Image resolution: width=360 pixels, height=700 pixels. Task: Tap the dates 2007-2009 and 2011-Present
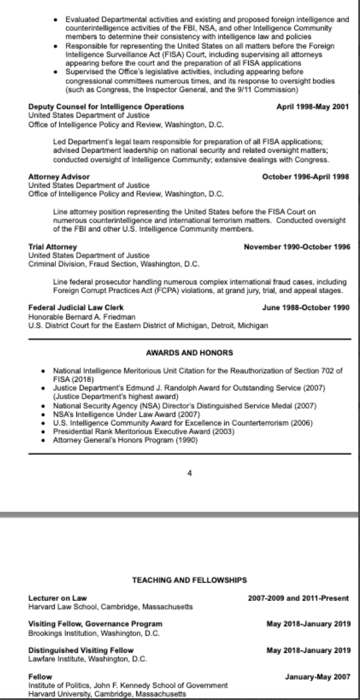[x=299, y=598]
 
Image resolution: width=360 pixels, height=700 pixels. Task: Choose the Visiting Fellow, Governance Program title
[x=95, y=624]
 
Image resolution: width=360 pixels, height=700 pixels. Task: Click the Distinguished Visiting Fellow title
[x=81, y=649]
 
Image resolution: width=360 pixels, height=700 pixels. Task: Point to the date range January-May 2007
[x=317, y=677]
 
